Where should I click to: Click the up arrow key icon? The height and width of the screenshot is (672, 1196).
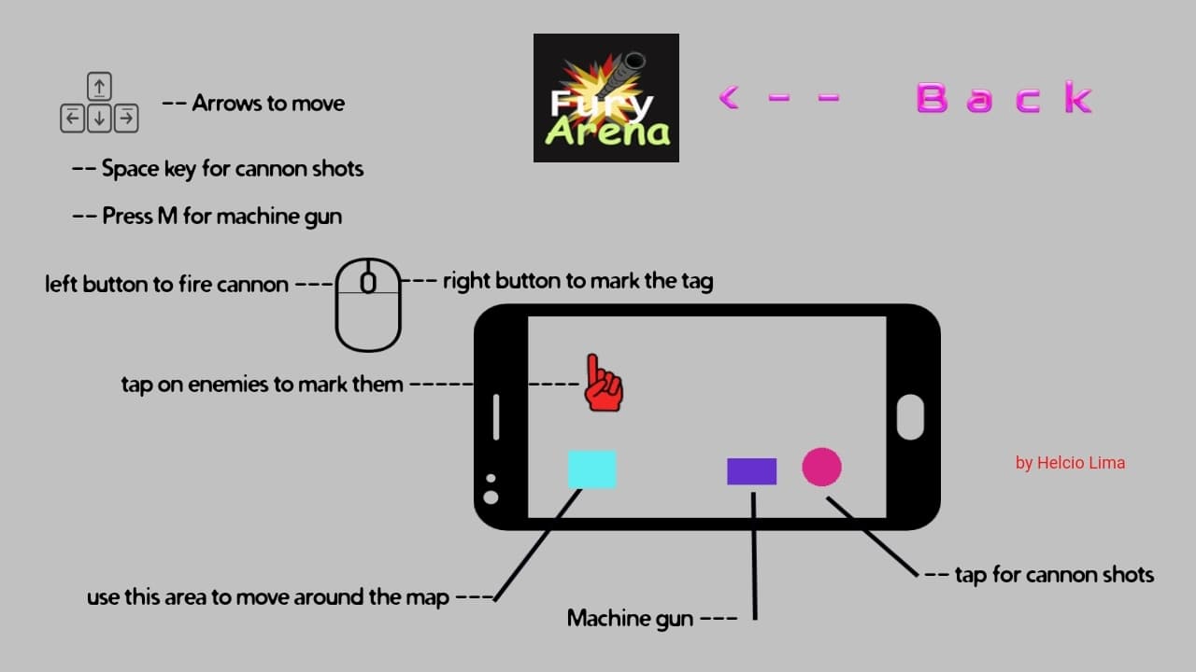click(x=99, y=87)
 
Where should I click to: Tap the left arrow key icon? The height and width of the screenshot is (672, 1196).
click(x=73, y=118)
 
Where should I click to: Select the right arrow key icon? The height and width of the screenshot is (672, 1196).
click(x=126, y=118)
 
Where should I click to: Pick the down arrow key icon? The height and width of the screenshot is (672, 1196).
click(x=99, y=118)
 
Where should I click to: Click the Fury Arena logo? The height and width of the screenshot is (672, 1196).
click(x=606, y=98)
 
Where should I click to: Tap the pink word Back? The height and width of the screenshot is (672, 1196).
click(x=1004, y=98)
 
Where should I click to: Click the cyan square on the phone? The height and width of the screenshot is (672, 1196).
click(x=592, y=469)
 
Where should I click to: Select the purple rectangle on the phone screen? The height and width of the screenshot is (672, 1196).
click(x=752, y=471)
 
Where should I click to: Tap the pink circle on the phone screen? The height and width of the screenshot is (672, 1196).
click(x=821, y=467)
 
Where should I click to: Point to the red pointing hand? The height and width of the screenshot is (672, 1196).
click(x=604, y=383)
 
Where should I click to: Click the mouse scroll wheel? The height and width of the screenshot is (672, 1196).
click(x=368, y=282)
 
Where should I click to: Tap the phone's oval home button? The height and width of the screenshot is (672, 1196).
click(x=910, y=417)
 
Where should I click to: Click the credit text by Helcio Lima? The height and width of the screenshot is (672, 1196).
click(x=1070, y=463)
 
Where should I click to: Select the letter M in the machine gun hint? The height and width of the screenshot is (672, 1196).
click(x=167, y=216)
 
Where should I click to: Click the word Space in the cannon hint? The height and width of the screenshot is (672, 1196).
click(x=130, y=169)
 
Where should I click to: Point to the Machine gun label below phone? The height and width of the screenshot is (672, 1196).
click(x=630, y=619)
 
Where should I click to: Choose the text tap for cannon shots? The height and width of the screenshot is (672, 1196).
click(x=1055, y=575)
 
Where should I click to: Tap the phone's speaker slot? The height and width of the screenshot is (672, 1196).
click(x=496, y=417)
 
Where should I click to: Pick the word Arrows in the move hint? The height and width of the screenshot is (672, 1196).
click(x=223, y=104)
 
